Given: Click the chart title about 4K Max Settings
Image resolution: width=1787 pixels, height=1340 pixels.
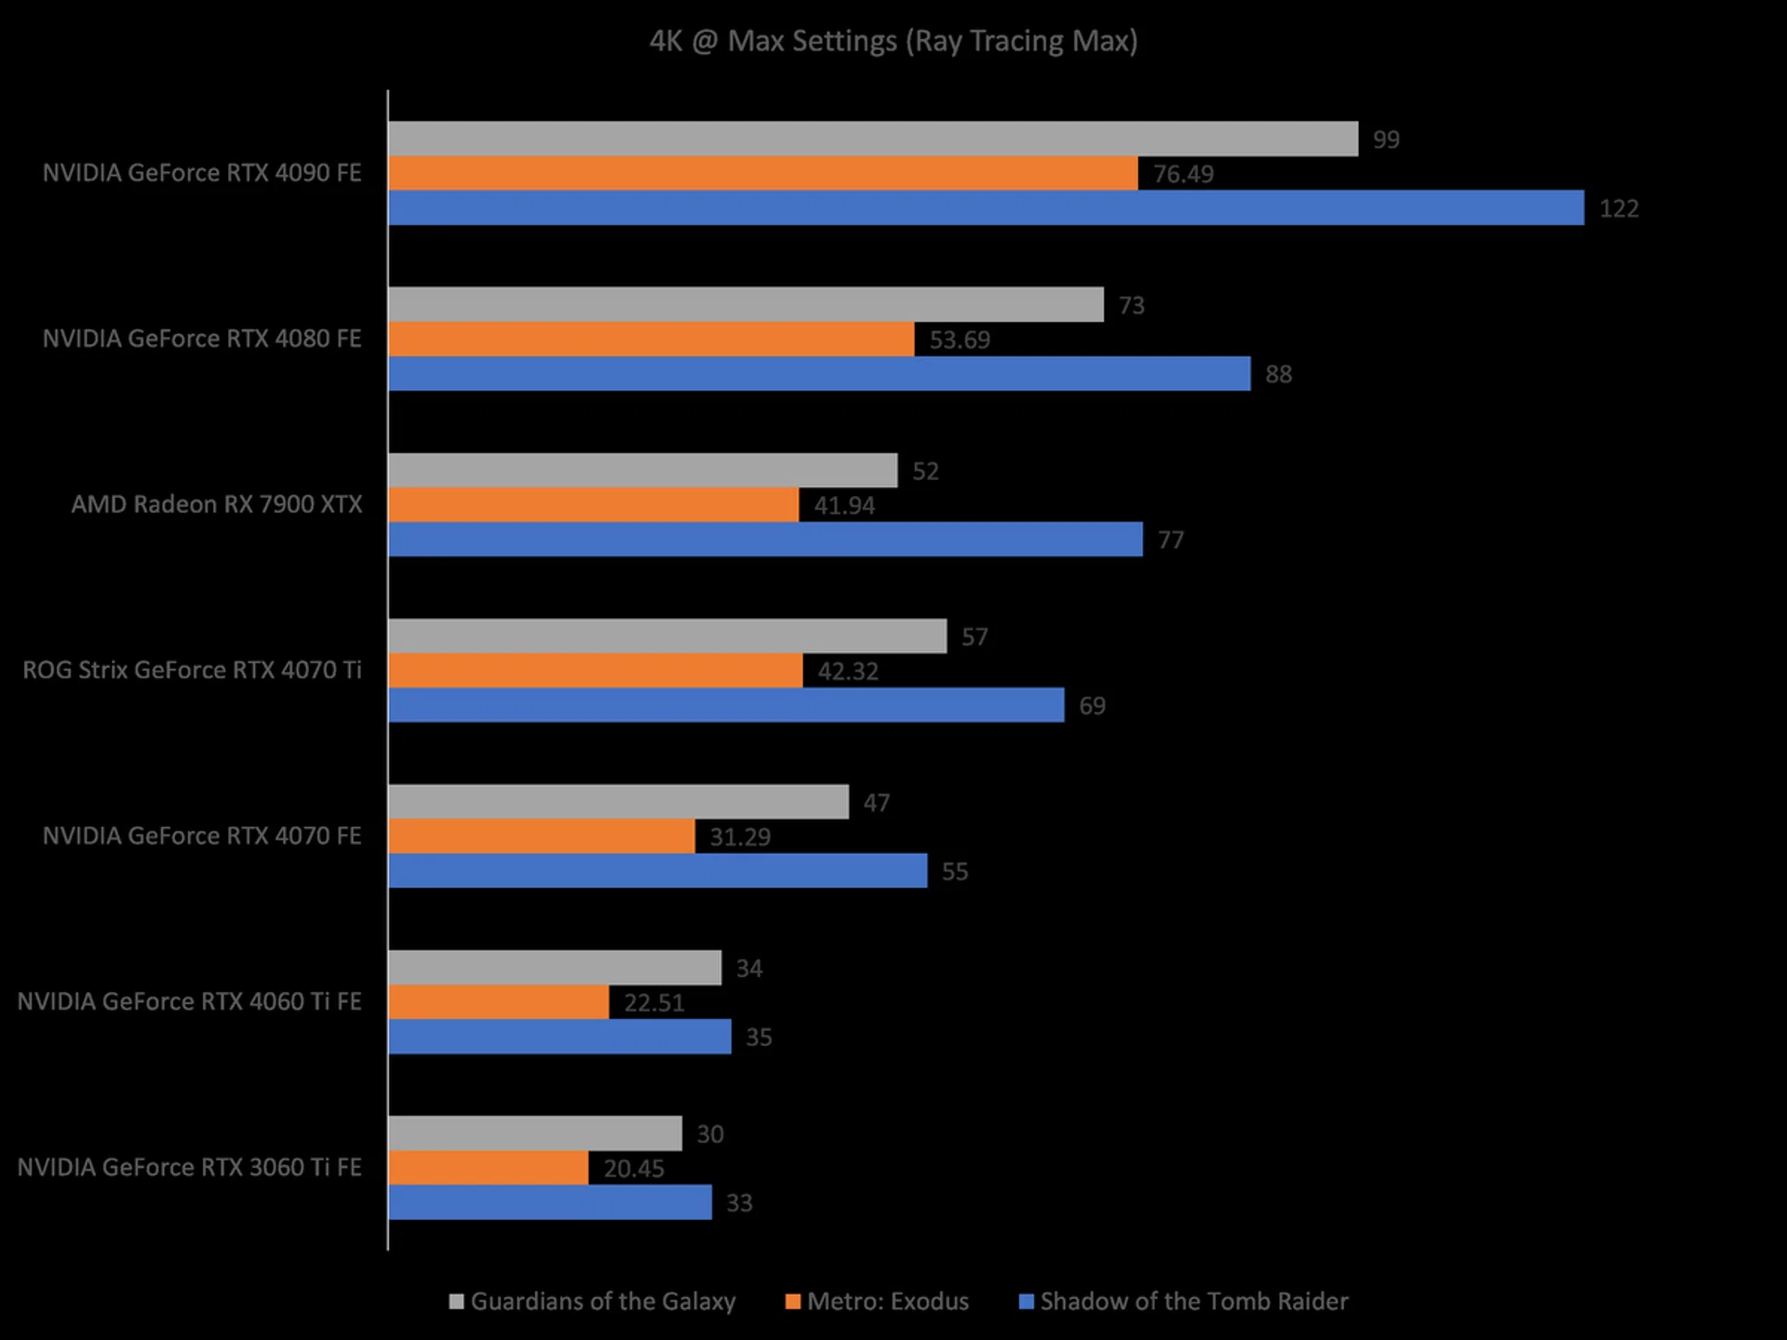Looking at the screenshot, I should click(x=893, y=41).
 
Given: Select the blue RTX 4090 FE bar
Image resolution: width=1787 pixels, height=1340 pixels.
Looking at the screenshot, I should click(x=986, y=208).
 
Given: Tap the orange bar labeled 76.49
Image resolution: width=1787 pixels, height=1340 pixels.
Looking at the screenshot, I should click(x=762, y=173).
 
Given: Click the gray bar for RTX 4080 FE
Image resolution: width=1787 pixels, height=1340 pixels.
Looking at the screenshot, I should click(x=746, y=304).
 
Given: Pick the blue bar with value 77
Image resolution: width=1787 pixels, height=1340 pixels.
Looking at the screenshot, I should click(x=765, y=540).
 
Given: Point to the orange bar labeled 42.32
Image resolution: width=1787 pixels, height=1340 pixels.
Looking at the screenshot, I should click(x=596, y=670).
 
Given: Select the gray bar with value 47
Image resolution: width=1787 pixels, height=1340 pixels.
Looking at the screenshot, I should click(x=618, y=801).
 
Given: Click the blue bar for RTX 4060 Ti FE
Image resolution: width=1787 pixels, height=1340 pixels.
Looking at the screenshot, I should click(x=559, y=1037).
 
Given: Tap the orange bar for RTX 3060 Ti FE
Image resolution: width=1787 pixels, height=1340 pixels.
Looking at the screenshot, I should click(x=488, y=1168).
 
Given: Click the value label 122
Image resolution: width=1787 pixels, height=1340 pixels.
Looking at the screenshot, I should click(x=1619, y=208).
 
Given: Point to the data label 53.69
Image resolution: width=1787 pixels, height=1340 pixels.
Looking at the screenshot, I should click(x=960, y=340).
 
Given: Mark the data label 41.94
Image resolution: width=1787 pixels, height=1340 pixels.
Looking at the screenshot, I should click(x=844, y=505).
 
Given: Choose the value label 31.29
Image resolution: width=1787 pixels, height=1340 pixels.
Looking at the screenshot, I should click(x=740, y=837).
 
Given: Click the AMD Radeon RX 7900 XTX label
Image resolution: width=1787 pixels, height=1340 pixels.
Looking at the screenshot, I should click(x=217, y=504).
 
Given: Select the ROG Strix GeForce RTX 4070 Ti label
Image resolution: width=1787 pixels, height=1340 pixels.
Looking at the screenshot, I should click(x=192, y=670).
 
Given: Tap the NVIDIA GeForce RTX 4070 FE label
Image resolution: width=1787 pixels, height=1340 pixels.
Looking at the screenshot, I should click(x=202, y=836).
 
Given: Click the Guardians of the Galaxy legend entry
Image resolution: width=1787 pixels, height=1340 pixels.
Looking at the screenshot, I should click(x=593, y=1301).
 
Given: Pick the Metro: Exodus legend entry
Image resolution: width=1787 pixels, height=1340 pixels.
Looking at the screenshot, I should click(x=878, y=1301).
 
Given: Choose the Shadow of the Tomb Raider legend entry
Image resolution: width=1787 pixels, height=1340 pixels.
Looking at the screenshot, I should click(x=1184, y=1301).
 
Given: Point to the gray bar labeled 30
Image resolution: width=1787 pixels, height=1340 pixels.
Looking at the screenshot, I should click(x=534, y=1133).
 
